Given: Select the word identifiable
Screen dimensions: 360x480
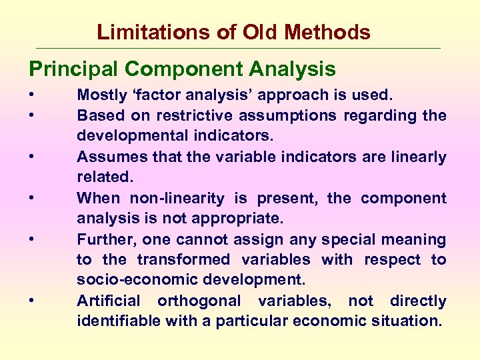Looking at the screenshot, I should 117,321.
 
